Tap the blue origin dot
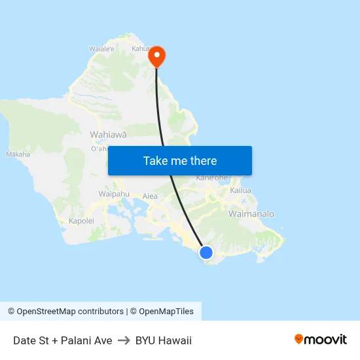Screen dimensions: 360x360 click(x=206, y=253)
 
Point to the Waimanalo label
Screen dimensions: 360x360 click(x=251, y=214)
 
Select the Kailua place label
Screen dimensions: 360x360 click(x=241, y=190)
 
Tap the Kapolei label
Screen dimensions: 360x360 click(x=81, y=221)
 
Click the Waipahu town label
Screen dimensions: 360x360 click(x=111, y=194)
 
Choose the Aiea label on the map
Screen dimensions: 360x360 click(x=150, y=196)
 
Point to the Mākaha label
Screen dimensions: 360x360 click(x=18, y=154)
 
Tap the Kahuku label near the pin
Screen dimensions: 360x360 click(x=142, y=48)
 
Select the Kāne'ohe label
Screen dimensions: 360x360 click(x=211, y=178)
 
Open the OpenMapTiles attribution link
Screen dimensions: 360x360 click(x=166, y=312)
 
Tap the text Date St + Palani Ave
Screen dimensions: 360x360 click(x=62, y=340)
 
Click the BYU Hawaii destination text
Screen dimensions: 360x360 click(x=164, y=340)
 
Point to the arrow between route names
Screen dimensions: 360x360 click(x=124, y=340)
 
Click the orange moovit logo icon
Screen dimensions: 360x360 click(x=299, y=339)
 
